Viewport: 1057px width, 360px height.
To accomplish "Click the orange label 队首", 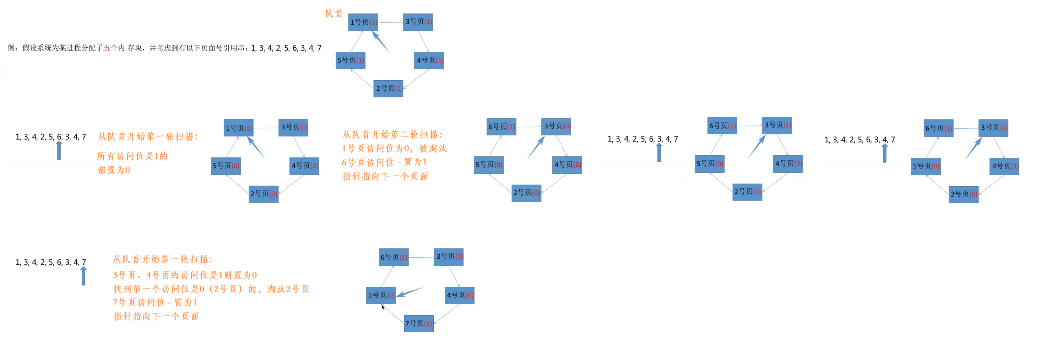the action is (x=334, y=14).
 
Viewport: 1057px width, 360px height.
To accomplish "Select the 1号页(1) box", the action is (x=363, y=22).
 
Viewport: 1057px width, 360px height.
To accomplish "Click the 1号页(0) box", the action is (x=238, y=128).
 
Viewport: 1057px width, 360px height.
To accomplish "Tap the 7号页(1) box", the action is (x=418, y=323).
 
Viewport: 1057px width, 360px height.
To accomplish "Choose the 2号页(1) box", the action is (x=388, y=88).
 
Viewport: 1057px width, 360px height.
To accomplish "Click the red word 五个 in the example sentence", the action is (x=110, y=48).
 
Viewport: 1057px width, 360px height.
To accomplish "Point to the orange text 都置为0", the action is (x=114, y=170).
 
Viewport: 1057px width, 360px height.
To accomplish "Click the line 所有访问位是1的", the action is (x=132, y=156).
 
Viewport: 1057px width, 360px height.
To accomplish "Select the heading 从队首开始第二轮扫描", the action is (x=392, y=135).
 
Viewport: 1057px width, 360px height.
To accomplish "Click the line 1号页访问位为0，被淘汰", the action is (x=394, y=149).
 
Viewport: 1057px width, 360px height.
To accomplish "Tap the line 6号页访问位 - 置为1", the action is (x=384, y=162).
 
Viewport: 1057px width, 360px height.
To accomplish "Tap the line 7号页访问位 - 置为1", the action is (x=155, y=302).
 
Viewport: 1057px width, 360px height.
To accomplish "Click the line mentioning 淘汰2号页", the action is (x=211, y=289).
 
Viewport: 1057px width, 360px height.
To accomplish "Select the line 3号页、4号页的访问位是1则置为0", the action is (x=185, y=275).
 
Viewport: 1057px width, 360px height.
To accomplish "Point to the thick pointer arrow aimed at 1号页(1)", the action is (x=380, y=42).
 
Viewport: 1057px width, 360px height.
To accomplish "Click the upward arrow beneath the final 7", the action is (x=84, y=276).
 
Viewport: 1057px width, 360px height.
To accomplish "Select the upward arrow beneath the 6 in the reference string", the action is (x=59, y=150).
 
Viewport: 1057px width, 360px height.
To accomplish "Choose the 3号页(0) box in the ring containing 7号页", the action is (x=449, y=257).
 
